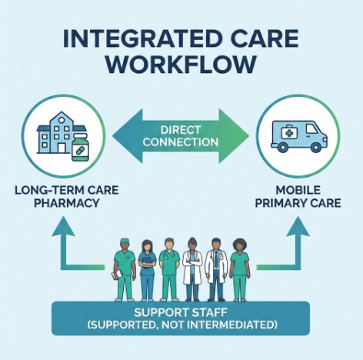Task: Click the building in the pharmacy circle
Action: pos(56,132)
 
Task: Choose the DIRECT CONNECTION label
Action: pos(181,137)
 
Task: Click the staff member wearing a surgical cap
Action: pos(123,265)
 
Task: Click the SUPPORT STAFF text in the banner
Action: pos(181,313)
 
